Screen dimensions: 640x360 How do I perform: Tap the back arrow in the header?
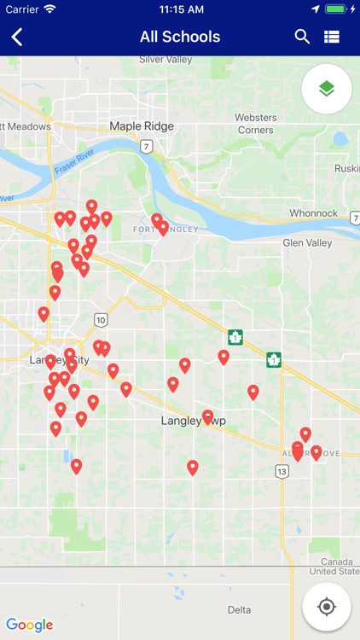pyautogui.click(x=17, y=37)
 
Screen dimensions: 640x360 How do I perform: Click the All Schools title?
pyautogui.click(x=180, y=37)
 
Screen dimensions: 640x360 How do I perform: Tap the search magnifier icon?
pyautogui.click(x=302, y=37)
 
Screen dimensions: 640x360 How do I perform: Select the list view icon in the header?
pyautogui.click(x=332, y=37)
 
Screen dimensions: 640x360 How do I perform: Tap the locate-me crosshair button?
pyautogui.click(x=326, y=607)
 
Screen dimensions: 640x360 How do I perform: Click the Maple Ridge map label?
pyautogui.click(x=142, y=126)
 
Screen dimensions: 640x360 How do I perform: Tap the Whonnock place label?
pyautogui.click(x=314, y=213)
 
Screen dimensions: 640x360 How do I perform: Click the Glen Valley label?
pyautogui.click(x=307, y=243)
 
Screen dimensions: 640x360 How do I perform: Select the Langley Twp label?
pyautogui.click(x=193, y=421)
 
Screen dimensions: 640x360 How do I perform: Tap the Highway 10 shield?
pyautogui.click(x=102, y=320)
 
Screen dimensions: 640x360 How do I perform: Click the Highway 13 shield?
pyautogui.click(x=282, y=471)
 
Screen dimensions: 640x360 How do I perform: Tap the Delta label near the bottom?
pyautogui.click(x=239, y=610)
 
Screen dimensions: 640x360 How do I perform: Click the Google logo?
pyautogui.click(x=29, y=625)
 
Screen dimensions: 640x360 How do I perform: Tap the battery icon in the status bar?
pyautogui.click(x=336, y=9)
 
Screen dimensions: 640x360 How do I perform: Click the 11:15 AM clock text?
pyautogui.click(x=180, y=9)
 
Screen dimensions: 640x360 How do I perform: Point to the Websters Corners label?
pyautogui.click(x=256, y=123)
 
